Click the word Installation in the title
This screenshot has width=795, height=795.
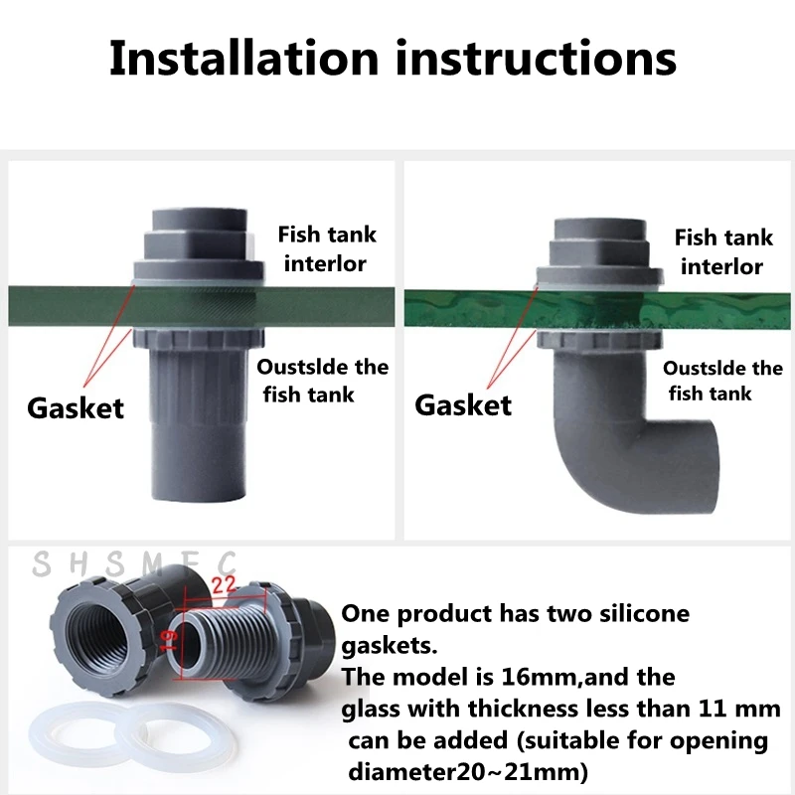pos(243,59)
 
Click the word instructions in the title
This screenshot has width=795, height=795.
pos(537,59)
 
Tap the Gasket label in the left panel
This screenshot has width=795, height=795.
pos(76,408)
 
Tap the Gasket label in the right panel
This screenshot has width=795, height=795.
pos(463,405)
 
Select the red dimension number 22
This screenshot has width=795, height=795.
pos(224,585)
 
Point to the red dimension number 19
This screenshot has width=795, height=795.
pos(168,640)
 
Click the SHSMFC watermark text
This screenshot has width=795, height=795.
pos(134,563)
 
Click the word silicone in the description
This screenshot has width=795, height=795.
pos(644,613)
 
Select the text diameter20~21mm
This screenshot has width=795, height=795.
pos(468,772)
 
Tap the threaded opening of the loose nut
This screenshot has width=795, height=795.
pos(95,639)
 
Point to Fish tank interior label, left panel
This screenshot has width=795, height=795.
pos(327,249)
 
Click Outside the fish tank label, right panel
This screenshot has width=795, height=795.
pos(722,381)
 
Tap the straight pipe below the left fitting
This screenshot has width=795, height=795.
pos(198,425)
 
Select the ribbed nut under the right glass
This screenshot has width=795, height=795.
pos(599,339)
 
